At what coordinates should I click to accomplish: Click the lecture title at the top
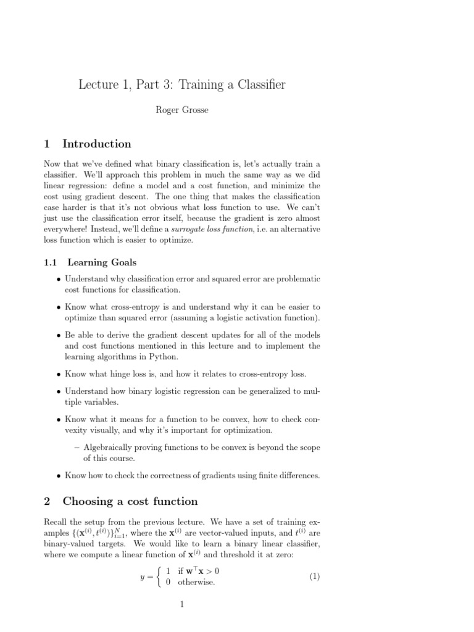click(182, 85)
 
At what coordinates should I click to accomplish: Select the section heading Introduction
click(97, 144)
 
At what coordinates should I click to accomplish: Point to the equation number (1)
click(314, 576)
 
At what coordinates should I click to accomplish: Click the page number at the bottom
click(183, 605)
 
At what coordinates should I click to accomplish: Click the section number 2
click(47, 501)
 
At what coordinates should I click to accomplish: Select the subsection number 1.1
click(51, 262)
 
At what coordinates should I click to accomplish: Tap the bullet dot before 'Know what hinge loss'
click(58, 374)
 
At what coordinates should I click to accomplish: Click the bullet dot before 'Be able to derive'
click(58, 335)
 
